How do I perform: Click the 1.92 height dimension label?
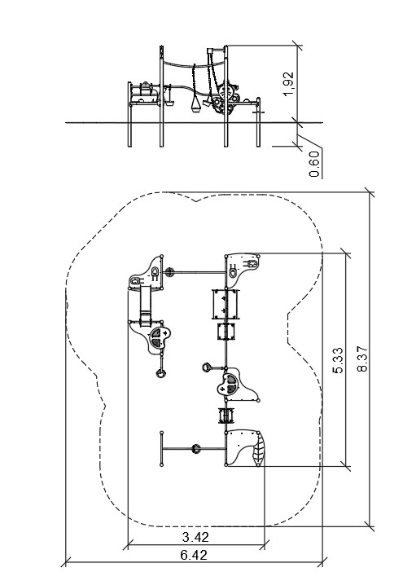(x=288, y=84)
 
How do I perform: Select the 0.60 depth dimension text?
(x=314, y=164)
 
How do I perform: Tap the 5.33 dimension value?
(x=339, y=360)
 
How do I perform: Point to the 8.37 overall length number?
(x=362, y=359)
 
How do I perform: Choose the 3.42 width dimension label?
(x=195, y=537)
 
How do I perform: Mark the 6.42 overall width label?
(x=194, y=555)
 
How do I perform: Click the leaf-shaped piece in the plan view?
(x=258, y=451)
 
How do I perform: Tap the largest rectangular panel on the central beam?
(x=226, y=304)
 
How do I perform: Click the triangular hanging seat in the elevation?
(x=195, y=104)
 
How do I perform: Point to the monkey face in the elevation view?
(x=226, y=92)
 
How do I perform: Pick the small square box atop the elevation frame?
(x=209, y=51)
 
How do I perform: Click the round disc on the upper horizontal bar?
(x=169, y=272)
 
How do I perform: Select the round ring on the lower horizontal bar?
(x=195, y=448)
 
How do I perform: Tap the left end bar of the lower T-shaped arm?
(x=162, y=448)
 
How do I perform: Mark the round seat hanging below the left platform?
(x=161, y=372)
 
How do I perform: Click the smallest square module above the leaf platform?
(x=226, y=416)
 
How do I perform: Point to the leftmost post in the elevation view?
(x=129, y=114)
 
